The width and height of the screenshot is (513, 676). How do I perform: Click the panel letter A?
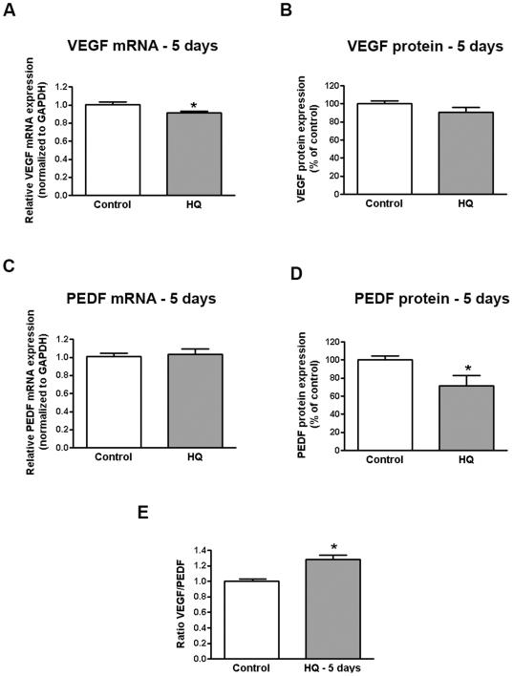point(9,10)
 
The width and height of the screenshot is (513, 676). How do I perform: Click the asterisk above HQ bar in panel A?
point(195,105)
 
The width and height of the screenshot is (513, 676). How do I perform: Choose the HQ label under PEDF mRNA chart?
point(195,456)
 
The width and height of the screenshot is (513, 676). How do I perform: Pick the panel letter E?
point(145,513)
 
